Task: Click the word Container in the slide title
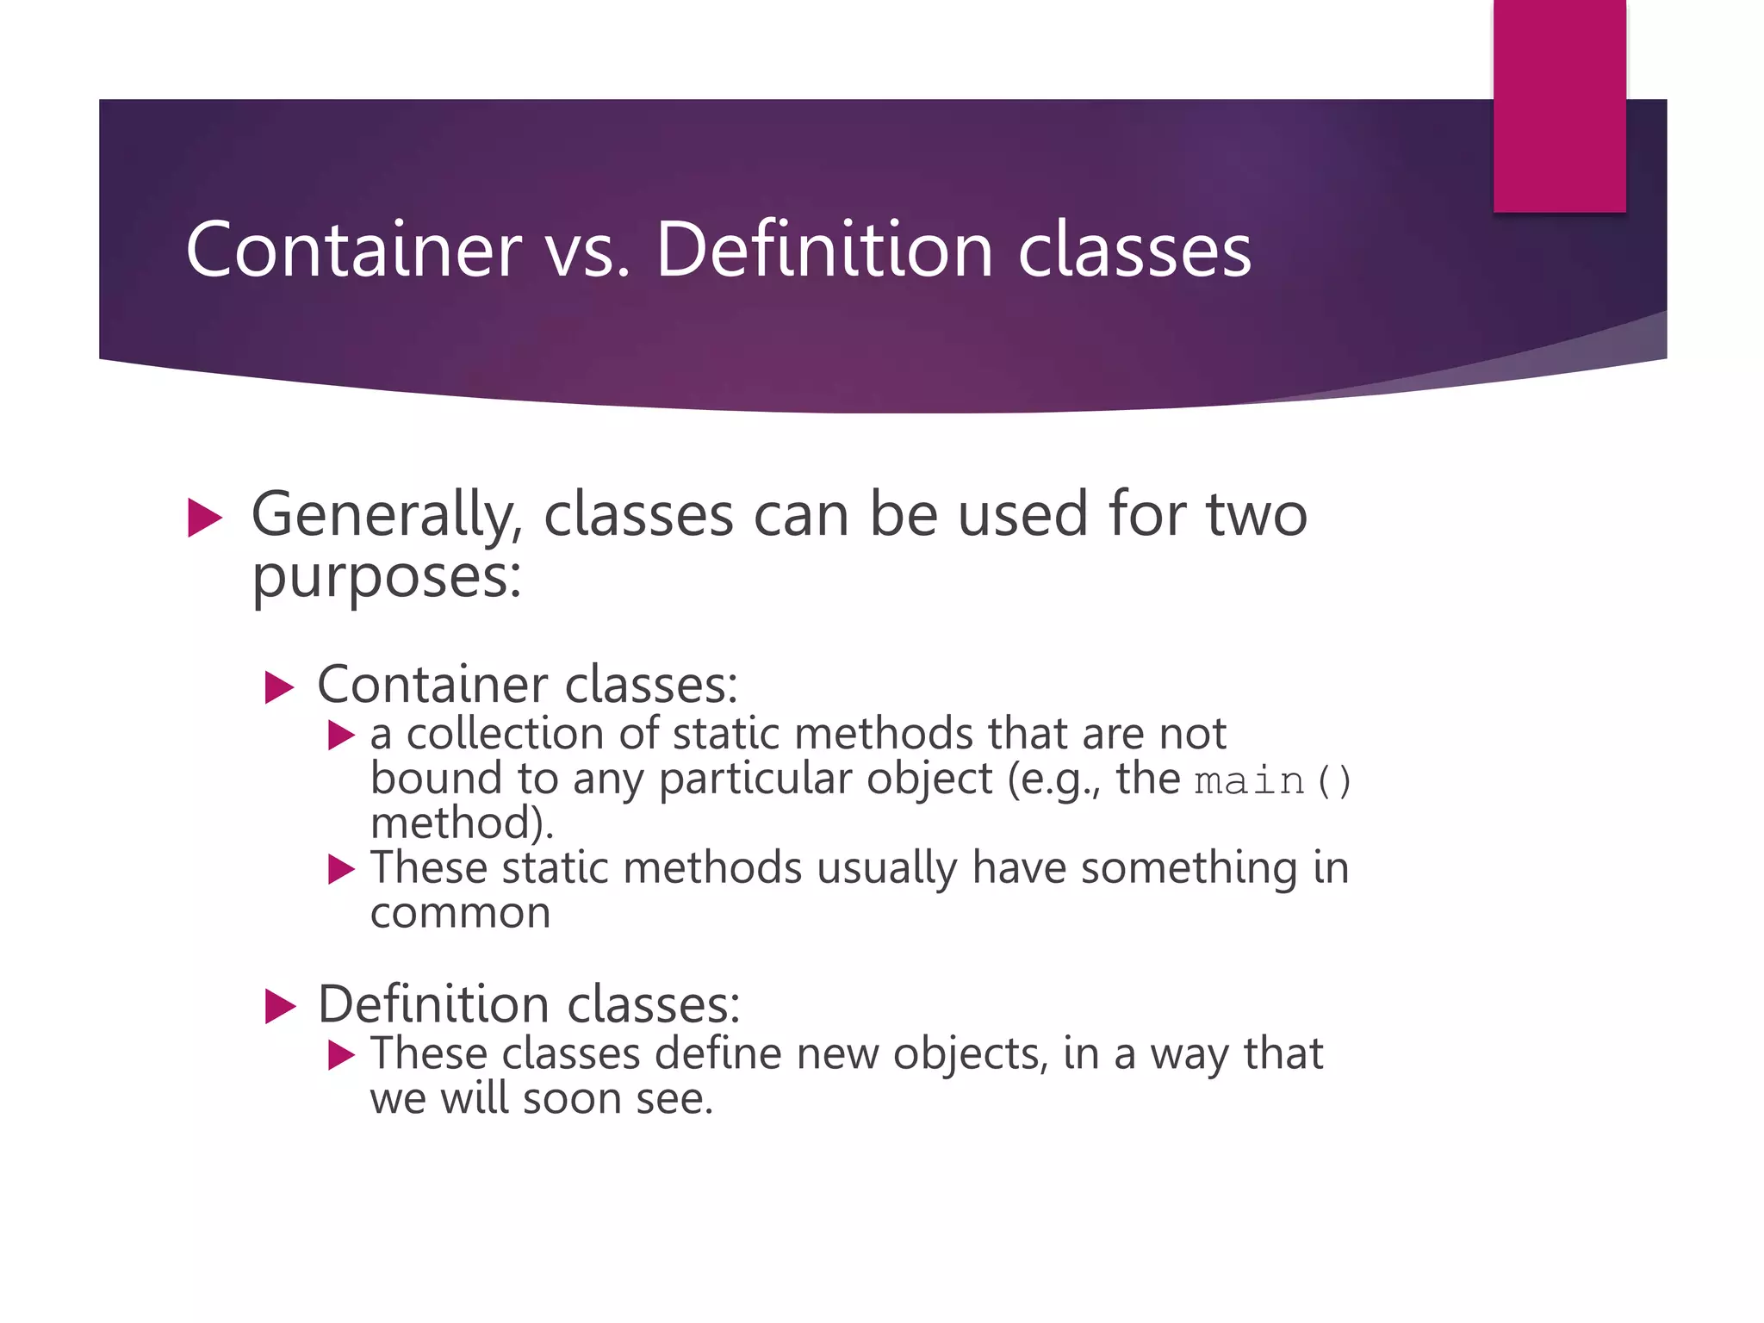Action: [x=353, y=250]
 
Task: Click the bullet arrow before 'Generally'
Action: [x=204, y=519]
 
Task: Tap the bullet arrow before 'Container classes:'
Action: [x=279, y=688]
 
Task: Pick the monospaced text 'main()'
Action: [x=1273, y=781]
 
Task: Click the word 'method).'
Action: [x=462, y=823]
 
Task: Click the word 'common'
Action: [x=460, y=913]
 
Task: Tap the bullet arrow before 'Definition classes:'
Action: [x=280, y=1006]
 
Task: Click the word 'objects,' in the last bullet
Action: [x=970, y=1054]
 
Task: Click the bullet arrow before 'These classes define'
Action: [x=341, y=1055]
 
